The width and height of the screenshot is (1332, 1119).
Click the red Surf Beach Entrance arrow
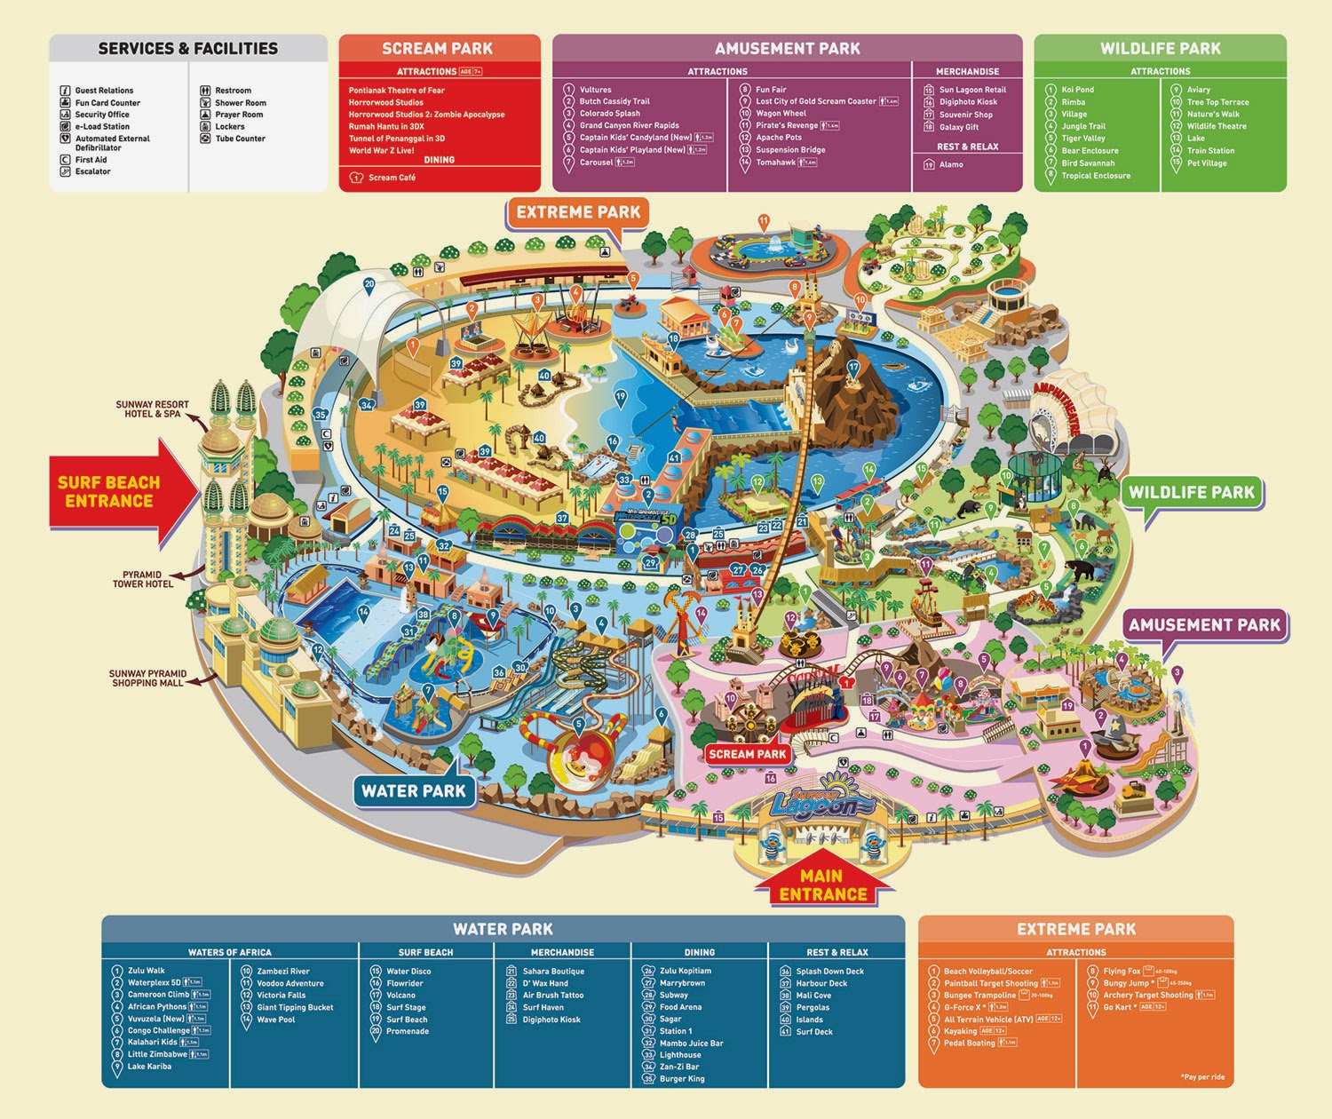click(x=111, y=491)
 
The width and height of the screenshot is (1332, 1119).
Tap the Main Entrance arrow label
click(x=822, y=885)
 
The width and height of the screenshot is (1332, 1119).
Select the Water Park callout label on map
click(x=413, y=790)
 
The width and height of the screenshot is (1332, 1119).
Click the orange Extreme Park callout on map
click(x=578, y=212)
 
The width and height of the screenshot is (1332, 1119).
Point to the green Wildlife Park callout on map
click(x=1191, y=492)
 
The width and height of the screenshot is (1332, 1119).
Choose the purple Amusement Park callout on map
click(x=1204, y=625)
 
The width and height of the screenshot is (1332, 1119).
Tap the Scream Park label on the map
click(x=747, y=754)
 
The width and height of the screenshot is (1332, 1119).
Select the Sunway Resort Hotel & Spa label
click(x=152, y=409)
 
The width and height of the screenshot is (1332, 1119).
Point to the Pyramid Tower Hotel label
click(x=143, y=579)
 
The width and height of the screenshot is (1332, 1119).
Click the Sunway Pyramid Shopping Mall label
click(x=147, y=678)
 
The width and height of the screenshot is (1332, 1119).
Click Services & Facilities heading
click(x=187, y=49)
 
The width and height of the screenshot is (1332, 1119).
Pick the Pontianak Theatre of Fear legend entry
click(x=396, y=90)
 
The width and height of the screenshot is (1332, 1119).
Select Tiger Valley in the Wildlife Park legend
click(x=1082, y=138)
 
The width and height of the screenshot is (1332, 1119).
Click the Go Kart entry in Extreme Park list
click(x=1118, y=1006)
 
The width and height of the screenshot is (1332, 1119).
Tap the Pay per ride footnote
click(x=1202, y=1076)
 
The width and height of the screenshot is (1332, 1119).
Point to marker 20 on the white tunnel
click(x=369, y=285)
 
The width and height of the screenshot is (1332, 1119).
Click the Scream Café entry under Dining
click(x=391, y=178)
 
